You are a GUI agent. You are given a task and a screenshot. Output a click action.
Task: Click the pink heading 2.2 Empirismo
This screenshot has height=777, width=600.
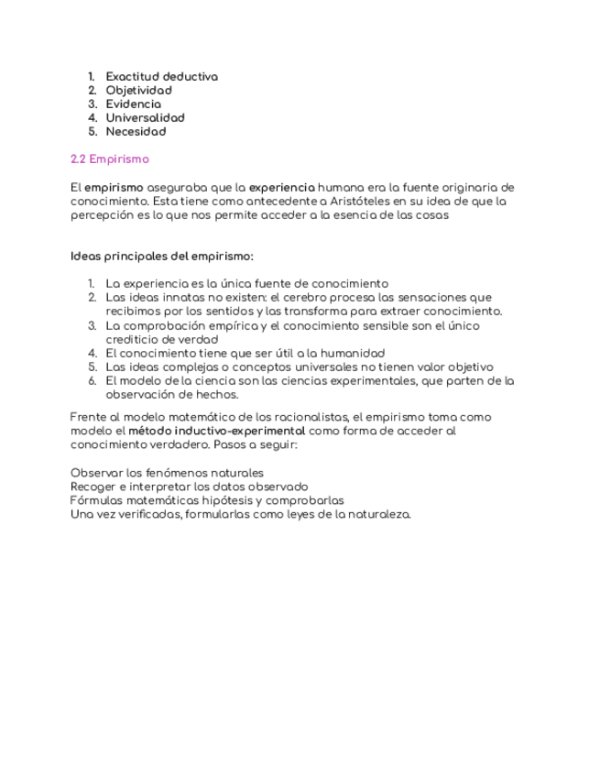coord(109,159)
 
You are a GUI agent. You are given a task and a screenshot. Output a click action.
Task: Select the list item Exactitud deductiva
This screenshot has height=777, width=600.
coord(161,77)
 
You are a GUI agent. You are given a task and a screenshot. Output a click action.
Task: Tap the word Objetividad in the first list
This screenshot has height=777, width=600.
coord(138,91)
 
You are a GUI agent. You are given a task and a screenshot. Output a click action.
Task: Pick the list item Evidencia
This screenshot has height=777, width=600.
coord(133,104)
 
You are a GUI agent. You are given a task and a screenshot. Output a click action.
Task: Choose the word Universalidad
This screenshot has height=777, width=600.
coord(145,118)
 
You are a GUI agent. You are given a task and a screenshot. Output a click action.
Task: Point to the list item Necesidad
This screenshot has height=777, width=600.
coord(136,132)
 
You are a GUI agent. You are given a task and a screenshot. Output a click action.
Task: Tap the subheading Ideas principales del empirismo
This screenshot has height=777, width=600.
coord(161,256)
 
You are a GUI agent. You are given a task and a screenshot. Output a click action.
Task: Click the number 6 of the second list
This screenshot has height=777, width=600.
coord(93,380)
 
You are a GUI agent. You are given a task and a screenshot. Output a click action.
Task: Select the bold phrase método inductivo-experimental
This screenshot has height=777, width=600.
coord(216,431)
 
